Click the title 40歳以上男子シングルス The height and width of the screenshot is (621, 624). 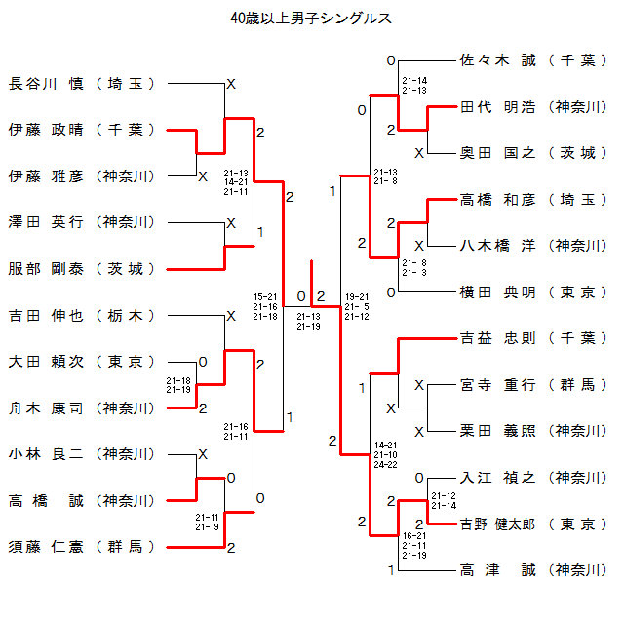pos(311,18)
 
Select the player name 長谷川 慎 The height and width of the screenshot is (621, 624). pos(46,84)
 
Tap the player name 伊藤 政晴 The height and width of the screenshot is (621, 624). pos(46,130)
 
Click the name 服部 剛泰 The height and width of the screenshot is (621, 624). pos(46,269)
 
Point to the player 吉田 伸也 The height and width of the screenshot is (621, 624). pos(46,316)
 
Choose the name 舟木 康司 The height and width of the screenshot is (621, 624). pos(46,408)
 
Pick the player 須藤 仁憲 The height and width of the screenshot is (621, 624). pos(46,547)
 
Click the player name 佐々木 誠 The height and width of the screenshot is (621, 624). pos(497,60)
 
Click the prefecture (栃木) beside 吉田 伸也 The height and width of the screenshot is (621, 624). pos(126,316)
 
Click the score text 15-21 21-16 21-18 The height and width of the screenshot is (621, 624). pos(265,306)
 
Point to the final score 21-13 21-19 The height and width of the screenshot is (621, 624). pos(309,321)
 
